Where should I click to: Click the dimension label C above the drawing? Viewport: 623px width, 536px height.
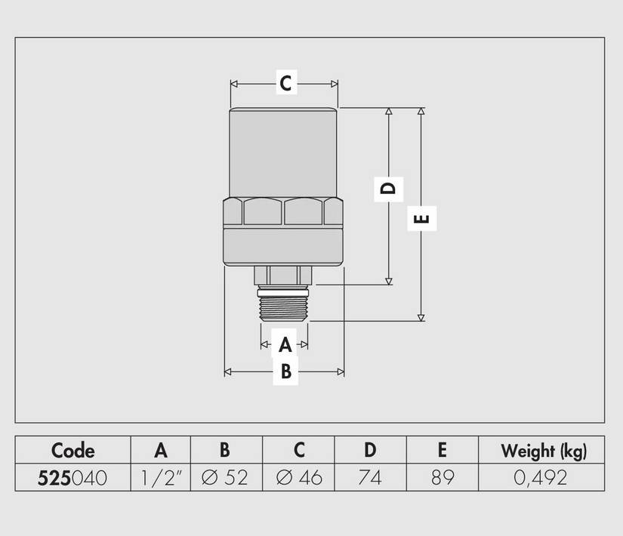(x=286, y=83)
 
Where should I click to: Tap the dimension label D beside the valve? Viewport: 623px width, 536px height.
(x=388, y=188)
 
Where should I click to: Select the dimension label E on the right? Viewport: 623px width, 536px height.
(x=421, y=218)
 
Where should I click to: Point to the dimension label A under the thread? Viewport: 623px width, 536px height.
(x=285, y=344)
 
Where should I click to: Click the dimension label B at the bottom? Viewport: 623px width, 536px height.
(x=286, y=371)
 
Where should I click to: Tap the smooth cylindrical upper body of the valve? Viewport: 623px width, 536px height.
(x=283, y=152)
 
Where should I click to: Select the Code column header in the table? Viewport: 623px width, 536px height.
(x=72, y=451)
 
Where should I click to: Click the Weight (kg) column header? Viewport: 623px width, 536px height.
(x=544, y=451)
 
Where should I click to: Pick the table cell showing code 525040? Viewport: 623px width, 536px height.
(x=72, y=478)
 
